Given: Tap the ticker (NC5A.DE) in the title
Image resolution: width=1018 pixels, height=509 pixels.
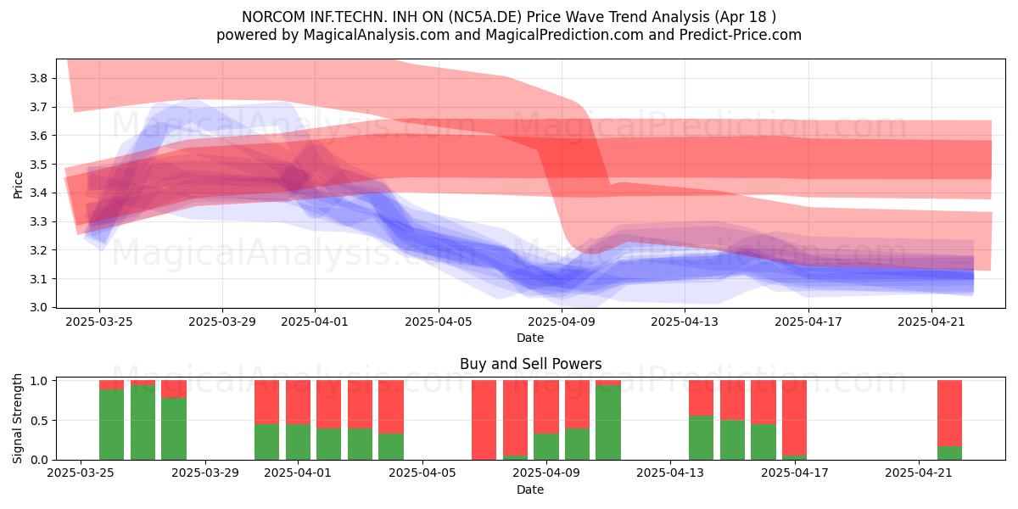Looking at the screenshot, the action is tap(485, 17).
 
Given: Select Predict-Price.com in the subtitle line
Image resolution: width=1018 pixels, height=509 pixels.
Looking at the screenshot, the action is tap(741, 35).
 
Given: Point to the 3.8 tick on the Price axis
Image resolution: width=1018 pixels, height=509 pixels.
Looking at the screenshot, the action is tap(38, 78).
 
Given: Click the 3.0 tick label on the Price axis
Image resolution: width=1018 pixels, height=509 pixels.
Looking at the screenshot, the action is tap(38, 307).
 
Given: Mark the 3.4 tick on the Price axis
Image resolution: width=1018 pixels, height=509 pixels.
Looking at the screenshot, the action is tap(38, 193).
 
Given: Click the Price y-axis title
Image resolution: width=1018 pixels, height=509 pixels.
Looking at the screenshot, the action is tap(18, 185).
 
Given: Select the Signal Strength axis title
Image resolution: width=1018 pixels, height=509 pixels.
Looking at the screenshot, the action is tap(17, 418).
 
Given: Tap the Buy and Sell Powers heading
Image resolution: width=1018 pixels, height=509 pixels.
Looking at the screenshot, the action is tap(531, 364).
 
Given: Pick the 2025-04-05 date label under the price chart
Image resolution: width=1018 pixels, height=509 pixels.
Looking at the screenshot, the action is tap(439, 322).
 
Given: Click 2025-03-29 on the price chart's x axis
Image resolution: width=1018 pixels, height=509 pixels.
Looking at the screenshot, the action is tap(222, 322).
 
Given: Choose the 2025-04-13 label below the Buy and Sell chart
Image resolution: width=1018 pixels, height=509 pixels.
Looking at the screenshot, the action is tap(670, 473).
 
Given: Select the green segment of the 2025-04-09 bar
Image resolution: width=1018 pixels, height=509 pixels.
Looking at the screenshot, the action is tap(546, 447).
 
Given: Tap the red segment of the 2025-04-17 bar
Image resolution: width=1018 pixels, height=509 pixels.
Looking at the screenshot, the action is tap(794, 417).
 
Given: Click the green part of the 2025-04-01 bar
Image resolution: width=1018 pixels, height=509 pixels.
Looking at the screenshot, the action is tap(298, 442).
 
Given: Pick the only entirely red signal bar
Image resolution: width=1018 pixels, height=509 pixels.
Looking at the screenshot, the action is tap(484, 420).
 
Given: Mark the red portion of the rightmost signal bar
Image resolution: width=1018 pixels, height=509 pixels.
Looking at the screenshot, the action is tap(950, 414).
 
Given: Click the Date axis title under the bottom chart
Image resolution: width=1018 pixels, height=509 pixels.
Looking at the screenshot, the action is tap(530, 489).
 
